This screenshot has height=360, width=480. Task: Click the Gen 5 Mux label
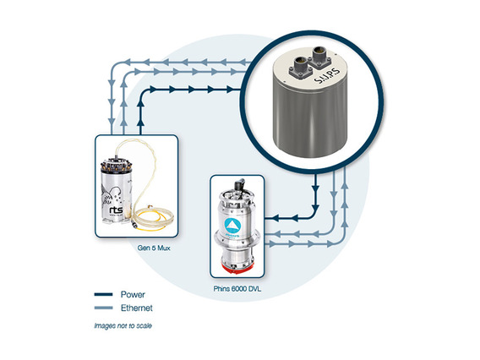[154, 248]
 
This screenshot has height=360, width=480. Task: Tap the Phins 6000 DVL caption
[237, 289]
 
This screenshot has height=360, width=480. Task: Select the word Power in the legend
[133, 294]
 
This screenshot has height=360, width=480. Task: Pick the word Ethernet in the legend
[137, 308]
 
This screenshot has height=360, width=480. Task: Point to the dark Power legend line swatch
[103, 294]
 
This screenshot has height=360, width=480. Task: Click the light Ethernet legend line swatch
[103, 308]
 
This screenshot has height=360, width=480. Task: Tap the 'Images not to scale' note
[123, 325]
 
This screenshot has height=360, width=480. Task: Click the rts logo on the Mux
[116, 210]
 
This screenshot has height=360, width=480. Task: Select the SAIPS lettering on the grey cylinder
[327, 75]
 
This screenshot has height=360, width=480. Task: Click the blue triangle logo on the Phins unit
[232, 226]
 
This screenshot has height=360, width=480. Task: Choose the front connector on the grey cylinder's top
[301, 67]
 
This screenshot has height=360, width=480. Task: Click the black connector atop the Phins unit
[239, 185]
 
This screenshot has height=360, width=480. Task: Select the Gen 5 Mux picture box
[137, 186]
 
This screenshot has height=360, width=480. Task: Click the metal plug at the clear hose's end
[134, 222]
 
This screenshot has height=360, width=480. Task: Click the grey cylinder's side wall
[310, 119]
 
